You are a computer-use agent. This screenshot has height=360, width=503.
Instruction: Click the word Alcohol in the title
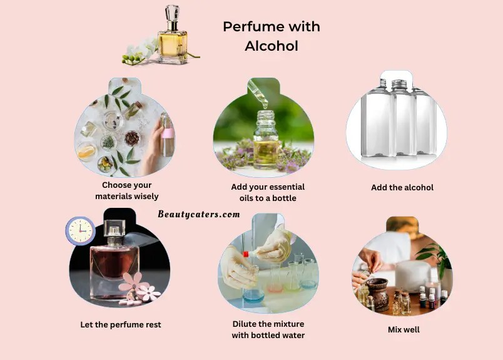tap(272, 46)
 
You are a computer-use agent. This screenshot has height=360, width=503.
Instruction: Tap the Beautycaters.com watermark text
tap(199, 214)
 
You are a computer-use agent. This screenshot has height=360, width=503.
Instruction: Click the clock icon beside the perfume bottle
tap(80, 231)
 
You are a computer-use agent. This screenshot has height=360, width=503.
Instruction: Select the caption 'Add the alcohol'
tap(402, 188)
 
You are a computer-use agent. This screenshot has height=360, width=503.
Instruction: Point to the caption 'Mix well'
tap(404, 329)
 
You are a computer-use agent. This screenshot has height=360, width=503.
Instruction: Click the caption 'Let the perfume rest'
tap(121, 325)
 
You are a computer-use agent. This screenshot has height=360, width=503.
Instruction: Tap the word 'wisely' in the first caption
tap(146, 196)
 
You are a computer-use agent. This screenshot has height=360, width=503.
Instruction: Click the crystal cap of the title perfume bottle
tap(172, 13)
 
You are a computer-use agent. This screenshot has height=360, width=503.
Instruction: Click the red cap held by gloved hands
tap(246, 254)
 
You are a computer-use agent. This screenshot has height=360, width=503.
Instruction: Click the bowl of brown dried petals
tap(132, 138)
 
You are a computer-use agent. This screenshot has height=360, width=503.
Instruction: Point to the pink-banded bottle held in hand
tap(167, 134)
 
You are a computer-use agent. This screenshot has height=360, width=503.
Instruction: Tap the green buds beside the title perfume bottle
tap(132, 59)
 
